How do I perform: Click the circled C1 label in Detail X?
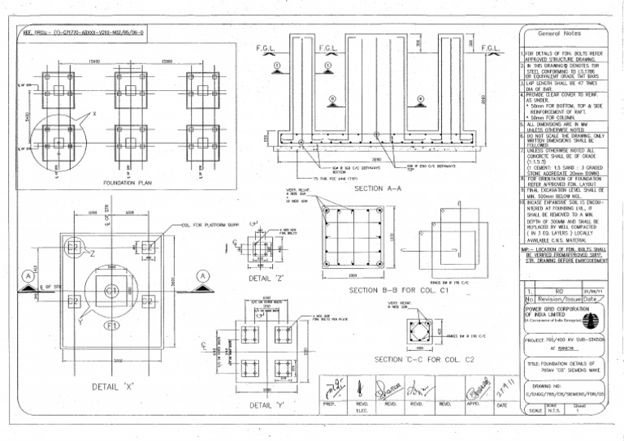(111, 290)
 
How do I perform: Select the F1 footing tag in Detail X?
(111, 325)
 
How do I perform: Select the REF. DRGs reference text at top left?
(84, 33)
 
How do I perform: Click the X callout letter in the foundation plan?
(93, 114)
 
